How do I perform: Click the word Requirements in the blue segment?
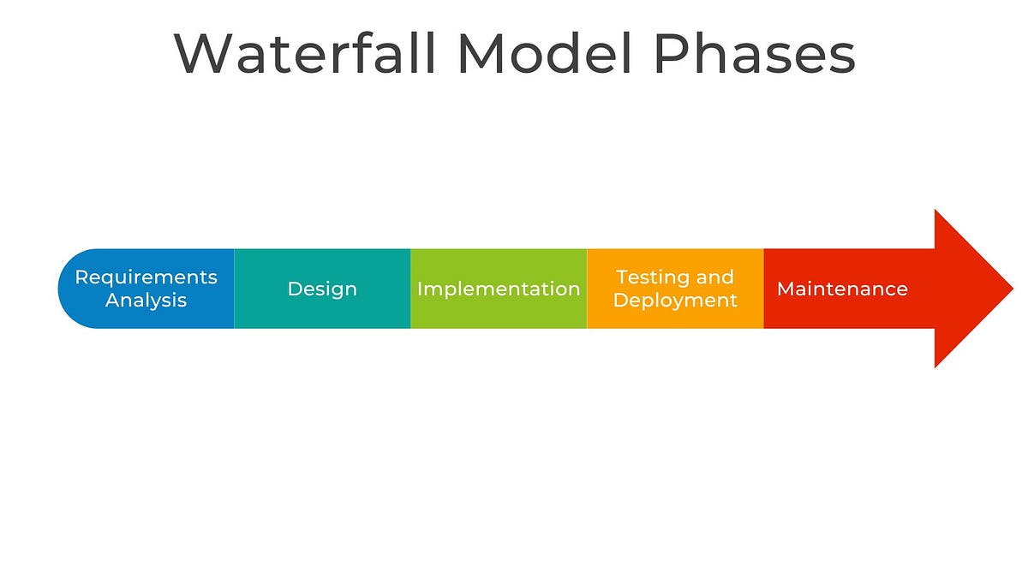click(146, 277)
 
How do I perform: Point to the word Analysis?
click(146, 301)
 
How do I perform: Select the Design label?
click(322, 289)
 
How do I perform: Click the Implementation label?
click(499, 289)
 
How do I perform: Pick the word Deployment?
click(675, 301)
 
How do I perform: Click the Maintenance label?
click(842, 289)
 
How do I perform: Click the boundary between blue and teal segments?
click(234, 289)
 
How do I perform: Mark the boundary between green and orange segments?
click(587, 289)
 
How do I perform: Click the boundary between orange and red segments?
click(763, 289)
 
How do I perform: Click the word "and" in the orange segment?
click(715, 277)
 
